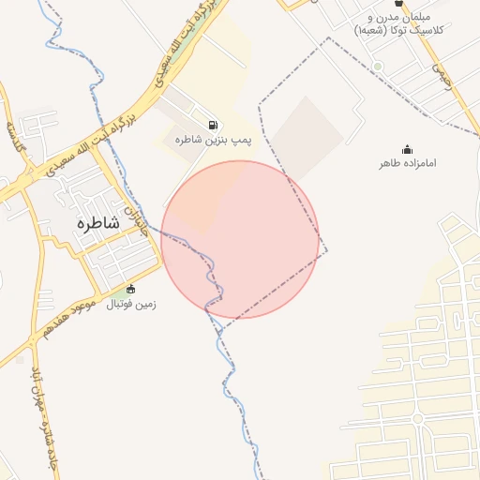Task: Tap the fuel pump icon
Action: [214, 125]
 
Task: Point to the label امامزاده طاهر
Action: [408, 163]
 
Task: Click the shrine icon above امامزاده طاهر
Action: [407, 149]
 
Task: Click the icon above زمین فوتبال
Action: [130, 289]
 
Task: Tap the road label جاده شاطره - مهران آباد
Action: [42, 412]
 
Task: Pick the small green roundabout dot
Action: [377, 67]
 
